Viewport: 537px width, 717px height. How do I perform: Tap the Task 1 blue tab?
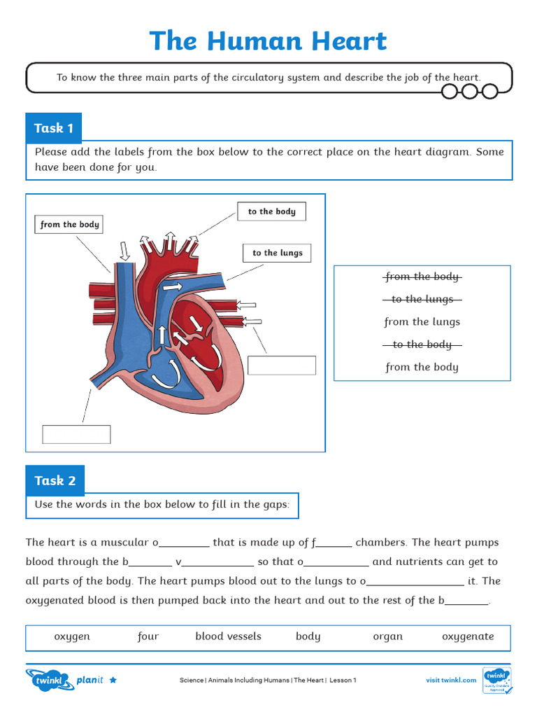point(54,128)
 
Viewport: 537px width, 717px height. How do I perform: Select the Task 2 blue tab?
point(55,480)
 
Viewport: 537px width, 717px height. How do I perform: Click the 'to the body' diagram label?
point(272,211)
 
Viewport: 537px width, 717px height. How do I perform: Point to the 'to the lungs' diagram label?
point(277,253)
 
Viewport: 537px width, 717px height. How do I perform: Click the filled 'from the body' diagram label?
point(69,225)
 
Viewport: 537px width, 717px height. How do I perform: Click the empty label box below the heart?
point(76,434)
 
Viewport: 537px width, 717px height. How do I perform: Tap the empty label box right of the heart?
point(282,366)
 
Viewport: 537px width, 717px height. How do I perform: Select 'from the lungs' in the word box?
point(422,322)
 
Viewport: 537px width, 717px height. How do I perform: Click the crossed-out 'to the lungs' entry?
point(422,299)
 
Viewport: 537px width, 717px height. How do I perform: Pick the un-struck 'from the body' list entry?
point(422,367)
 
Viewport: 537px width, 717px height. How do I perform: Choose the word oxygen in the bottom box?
point(72,636)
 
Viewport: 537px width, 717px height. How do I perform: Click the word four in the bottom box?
point(148,636)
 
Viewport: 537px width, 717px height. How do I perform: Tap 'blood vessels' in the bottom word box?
point(228,636)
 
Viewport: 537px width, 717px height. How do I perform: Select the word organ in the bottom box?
point(387,636)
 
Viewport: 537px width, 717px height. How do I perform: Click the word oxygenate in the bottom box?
point(468,636)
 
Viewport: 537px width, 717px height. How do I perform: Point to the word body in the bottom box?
point(308,636)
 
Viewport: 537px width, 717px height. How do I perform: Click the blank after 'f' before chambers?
point(336,543)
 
